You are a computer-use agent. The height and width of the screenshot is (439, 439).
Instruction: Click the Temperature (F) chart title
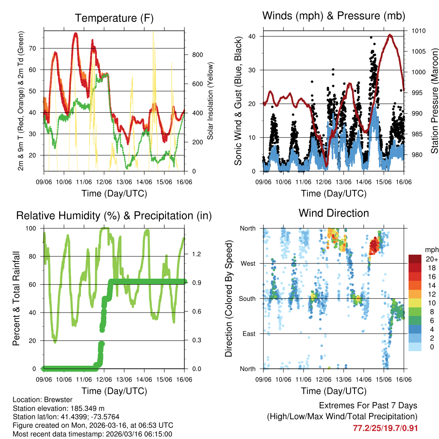click(x=114, y=18)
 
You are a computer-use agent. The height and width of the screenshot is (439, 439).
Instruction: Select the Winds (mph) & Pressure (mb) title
click(x=334, y=16)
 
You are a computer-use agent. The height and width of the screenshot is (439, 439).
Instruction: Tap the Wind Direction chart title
click(x=334, y=213)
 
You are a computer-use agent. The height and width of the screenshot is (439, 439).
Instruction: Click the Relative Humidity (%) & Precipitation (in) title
click(x=114, y=216)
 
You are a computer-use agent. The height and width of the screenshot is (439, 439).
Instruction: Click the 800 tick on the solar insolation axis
click(x=197, y=55)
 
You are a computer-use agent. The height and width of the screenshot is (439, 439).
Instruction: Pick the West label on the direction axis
click(x=248, y=263)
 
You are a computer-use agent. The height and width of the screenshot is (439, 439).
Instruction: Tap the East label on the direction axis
click(x=249, y=334)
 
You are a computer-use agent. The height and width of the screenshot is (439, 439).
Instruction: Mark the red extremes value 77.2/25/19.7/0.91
click(x=385, y=428)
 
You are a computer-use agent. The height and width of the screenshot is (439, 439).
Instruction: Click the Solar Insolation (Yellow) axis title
click(x=210, y=101)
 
